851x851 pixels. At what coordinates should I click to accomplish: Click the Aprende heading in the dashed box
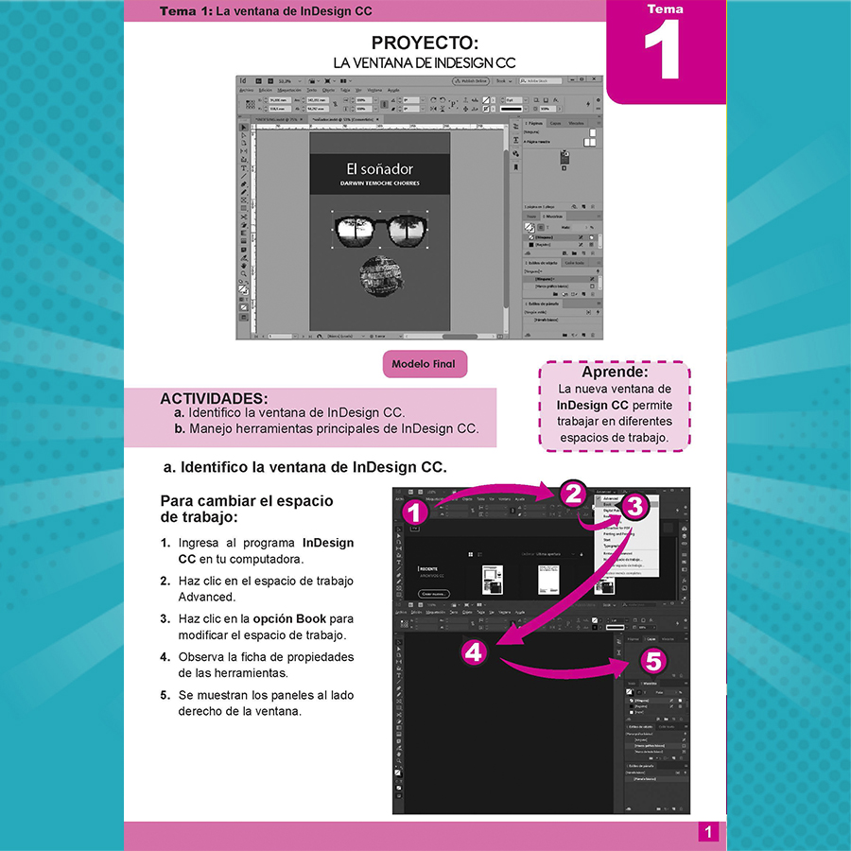[615, 372]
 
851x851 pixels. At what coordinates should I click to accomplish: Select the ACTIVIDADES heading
[214, 398]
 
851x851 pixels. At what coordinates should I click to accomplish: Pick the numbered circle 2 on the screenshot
[573, 493]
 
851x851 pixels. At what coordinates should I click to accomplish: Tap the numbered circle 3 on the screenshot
[634, 506]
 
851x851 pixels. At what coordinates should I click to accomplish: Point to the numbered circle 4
[475, 652]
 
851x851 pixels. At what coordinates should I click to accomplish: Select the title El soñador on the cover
[380, 168]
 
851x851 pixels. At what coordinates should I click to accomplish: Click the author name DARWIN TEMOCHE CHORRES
[380, 183]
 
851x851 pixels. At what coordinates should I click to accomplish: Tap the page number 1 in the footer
[706, 832]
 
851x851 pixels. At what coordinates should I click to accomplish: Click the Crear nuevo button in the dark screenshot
[432, 593]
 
